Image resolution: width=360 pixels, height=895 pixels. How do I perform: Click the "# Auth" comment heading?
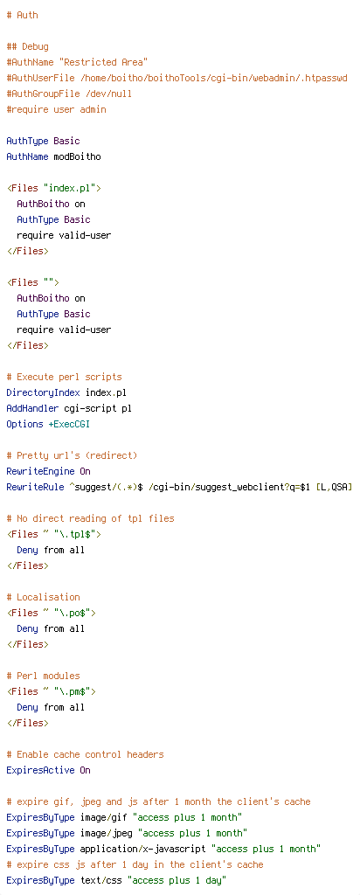tap(22, 15)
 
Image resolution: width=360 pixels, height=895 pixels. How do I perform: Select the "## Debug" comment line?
tap(27, 46)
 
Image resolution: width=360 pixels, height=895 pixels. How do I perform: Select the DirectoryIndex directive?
tap(44, 392)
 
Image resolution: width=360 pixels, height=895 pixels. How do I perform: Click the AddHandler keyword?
tap(32, 409)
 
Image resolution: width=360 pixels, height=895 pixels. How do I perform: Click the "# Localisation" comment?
tap(44, 597)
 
